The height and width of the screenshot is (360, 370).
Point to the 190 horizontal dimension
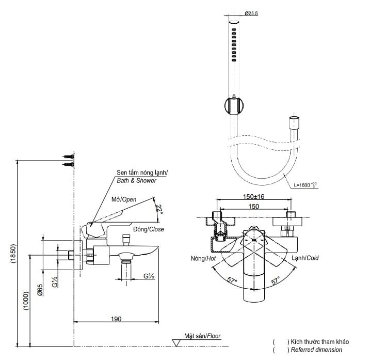click(116, 319)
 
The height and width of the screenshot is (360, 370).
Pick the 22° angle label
click(159, 209)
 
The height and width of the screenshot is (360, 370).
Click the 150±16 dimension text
click(253, 196)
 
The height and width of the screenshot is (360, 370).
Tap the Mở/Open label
click(124, 199)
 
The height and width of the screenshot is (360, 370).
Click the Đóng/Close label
click(149, 229)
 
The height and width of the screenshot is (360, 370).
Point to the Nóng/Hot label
click(202, 258)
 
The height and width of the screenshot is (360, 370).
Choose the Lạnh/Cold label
click(305, 258)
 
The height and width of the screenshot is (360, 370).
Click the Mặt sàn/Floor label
click(202, 336)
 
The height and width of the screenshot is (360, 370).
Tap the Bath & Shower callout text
click(136, 180)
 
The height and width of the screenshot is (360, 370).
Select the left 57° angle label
click(232, 281)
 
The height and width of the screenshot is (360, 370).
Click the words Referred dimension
click(316, 350)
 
